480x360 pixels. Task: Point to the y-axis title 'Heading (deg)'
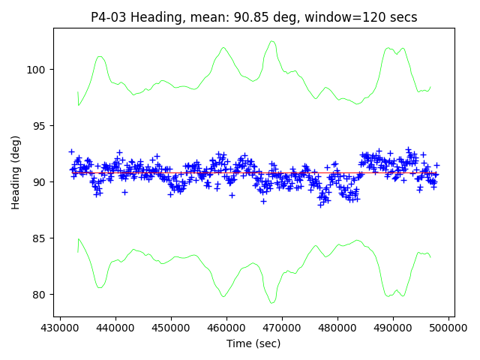16,172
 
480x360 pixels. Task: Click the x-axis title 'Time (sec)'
253,343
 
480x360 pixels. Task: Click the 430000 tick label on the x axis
59,328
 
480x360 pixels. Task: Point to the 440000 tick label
115,328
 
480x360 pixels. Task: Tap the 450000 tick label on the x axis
170,328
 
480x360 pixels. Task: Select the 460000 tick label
226,328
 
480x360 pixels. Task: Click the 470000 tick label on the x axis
281,328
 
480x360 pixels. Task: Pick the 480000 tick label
337,328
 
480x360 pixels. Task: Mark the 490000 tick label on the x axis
392,328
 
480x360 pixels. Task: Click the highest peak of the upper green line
272,41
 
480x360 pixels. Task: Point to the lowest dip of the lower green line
273,302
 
